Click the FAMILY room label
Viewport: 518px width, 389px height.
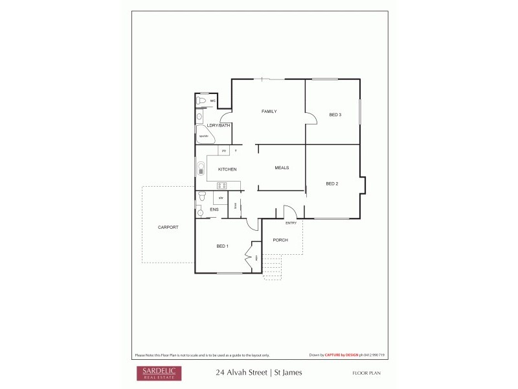tap(269, 112)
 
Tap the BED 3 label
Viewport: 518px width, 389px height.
tap(335, 115)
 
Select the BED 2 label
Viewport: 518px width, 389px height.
tap(332, 183)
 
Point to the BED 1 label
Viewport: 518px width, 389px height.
tap(222, 246)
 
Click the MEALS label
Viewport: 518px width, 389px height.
tap(282, 168)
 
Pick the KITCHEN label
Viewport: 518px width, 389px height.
tap(227, 169)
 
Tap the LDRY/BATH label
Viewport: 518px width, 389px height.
tap(218, 125)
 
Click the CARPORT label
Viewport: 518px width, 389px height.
tap(168, 228)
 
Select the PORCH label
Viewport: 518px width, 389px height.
tap(280, 241)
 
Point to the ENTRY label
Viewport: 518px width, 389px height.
tap(291, 223)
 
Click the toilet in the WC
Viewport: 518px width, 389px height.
tap(201, 102)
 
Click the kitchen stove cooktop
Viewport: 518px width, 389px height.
tap(221, 186)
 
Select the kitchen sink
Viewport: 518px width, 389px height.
tap(200, 170)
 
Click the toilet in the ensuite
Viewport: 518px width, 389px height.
tap(202, 195)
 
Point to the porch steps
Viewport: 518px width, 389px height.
tap(273, 267)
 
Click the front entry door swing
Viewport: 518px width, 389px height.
tap(289, 212)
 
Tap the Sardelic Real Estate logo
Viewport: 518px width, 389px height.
tap(159, 373)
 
